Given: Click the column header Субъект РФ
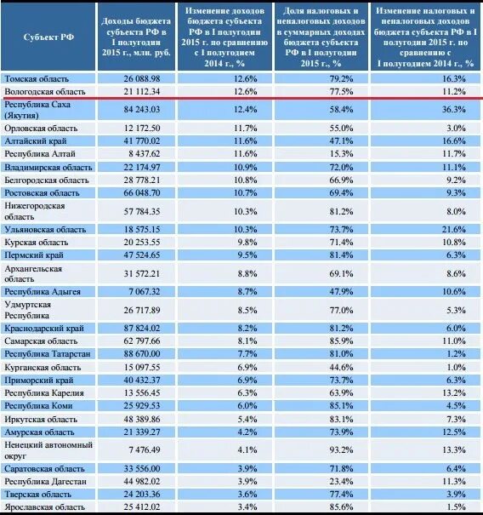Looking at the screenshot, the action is tap(48, 37).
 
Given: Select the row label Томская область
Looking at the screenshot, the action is tap(37, 79).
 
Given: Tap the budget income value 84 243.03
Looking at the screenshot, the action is tap(142, 109).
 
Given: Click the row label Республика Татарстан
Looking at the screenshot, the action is tap(48, 354).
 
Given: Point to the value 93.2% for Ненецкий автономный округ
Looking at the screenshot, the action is tap(341, 449).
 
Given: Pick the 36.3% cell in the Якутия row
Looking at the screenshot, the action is tap(453, 109).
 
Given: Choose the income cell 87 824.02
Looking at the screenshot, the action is tap(142, 328).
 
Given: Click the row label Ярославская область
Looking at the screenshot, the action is tap(44, 506).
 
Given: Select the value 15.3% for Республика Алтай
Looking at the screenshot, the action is tap(341, 154).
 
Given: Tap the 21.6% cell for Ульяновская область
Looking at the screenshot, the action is tap(453, 229).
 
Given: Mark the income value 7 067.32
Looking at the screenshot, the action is tap(145, 292).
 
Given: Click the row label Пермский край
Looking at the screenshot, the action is tap(34, 255).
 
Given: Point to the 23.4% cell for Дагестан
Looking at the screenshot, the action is tap(341, 482).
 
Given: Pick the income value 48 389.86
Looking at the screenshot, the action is tap(142, 420).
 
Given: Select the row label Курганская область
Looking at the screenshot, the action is tap(43, 367).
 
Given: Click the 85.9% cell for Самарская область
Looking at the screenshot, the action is tap(341, 341).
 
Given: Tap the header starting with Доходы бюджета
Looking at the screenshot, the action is tap(136, 37).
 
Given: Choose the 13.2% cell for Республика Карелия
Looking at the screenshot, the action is tap(453, 392).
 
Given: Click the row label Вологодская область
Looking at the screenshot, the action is tap(45, 92).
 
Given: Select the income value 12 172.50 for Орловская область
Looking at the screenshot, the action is tap(142, 128).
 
